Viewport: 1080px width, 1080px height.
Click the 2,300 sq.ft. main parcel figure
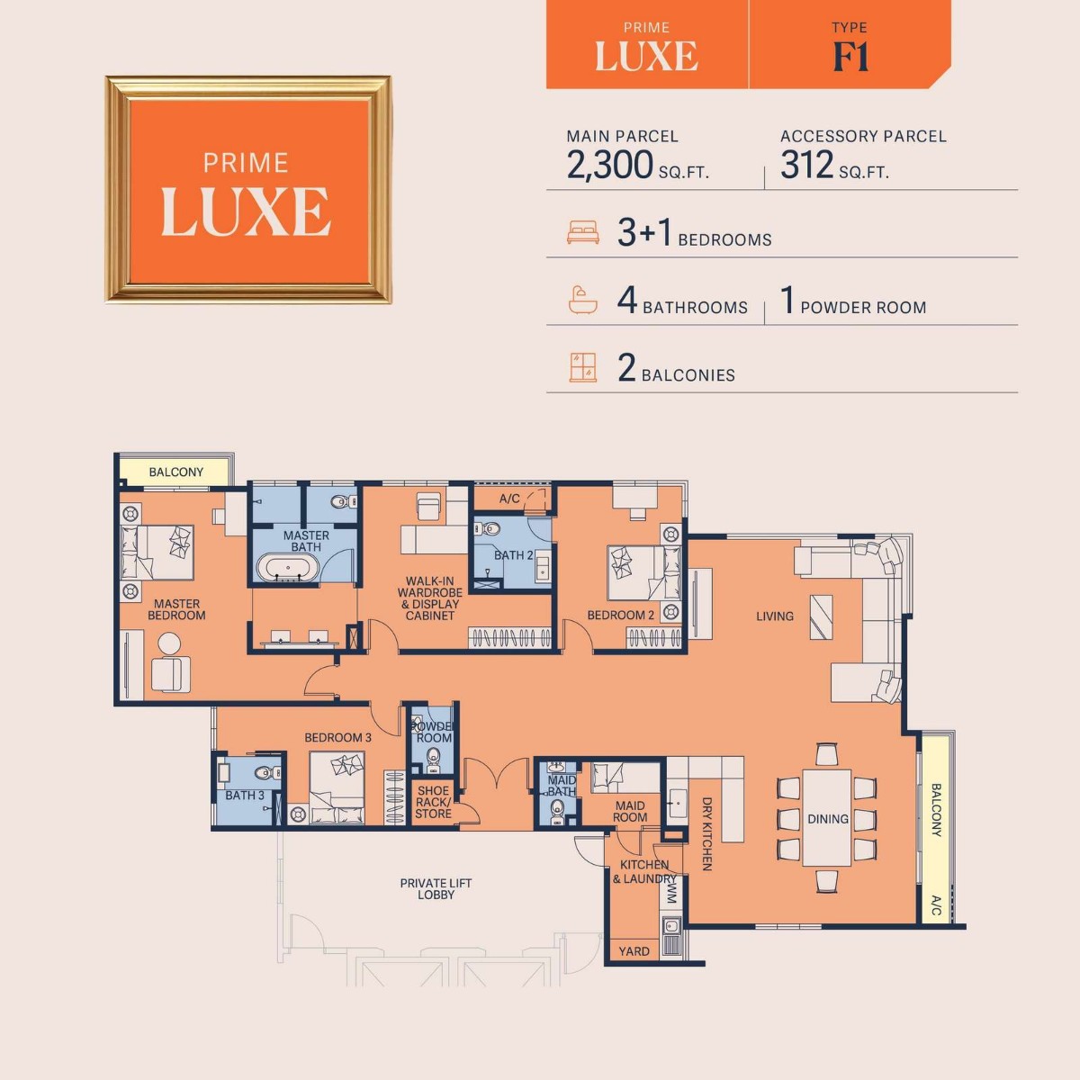[x=610, y=166]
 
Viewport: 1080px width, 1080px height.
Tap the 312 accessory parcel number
[x=807, y=166]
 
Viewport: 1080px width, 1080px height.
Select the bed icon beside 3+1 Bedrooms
[x=583, y=233]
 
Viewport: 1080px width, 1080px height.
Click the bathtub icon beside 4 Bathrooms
[x=583, y=300]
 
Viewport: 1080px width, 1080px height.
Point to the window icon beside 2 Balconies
[x=583, y=368]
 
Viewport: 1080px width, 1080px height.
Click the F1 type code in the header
[x=850, y=57]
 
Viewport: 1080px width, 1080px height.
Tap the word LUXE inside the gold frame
[x=246, y=212]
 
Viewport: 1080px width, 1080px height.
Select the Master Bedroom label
[x=176, y=610]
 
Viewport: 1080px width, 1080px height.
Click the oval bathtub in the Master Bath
[x=288, y=569]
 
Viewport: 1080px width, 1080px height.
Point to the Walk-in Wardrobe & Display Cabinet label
[x=430, y=598]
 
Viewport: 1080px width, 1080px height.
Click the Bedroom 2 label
[x=620, y=616]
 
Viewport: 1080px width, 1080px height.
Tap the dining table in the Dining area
[x=827, y=817]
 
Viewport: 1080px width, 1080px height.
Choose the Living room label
[x=774, y=616]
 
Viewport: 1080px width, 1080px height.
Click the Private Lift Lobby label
[x=436, y=889]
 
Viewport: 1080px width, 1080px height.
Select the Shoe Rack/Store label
[x=433, y=802]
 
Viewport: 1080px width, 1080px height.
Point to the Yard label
[x=634, y=951]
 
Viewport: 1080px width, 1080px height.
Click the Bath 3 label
[x=244, y=796]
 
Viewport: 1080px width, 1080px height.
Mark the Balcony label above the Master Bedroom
[x=175, y=472]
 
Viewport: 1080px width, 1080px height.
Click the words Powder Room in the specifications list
[x=863, y=308]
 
